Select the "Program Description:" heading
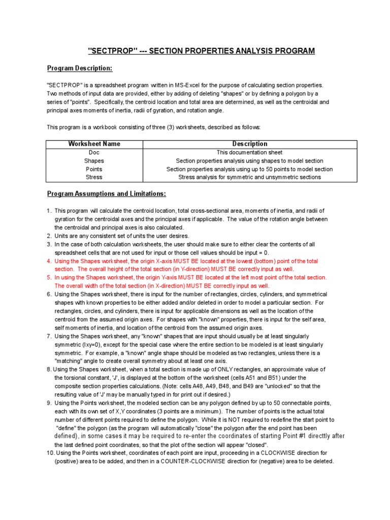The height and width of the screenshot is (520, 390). pyautogui.click(x=80, y=68)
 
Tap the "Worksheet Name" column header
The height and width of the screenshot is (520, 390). pyautogui.click(x=94, y=144)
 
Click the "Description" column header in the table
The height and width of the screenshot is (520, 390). pyautogui.click(x=250, y=144)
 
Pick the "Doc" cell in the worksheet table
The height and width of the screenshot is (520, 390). pyautogui.click(x=94, y=152)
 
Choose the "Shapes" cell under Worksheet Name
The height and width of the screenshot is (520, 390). pyautogui.click(x=94, y=160)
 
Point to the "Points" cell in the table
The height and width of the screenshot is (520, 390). pyautogui.click(x=94, y=169)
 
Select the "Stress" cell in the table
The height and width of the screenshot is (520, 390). pyautogui.click(x=94, y=177)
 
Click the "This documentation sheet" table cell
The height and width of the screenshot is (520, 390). pyautogui.click(x=250, y=152)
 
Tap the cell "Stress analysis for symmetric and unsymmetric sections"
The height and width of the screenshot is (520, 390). pyautogui.click(x=250, y=177)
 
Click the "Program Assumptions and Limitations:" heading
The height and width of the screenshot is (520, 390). pyautogui.click(x=106, y=194)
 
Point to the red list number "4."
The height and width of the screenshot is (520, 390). pyautogui.click(x=49, y=261)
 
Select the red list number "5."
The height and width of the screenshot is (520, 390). pyautogui.click(x=49, y=278)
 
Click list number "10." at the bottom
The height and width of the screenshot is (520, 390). pyautogui.click(x=50, y=453)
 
